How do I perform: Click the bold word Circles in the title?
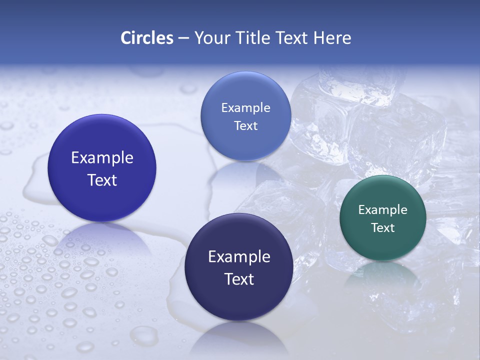(x=147, y=38)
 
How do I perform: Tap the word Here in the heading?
(x=332, y=38)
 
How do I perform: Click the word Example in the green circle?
(x=383, y=210)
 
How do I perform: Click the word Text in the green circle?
(x=383, y=228)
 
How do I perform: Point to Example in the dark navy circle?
(x=239, y=257)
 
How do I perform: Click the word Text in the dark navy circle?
(x=239, y=279)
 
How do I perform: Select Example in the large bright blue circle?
(x=102, y=158)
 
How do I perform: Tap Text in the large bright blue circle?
(x=102, y=180)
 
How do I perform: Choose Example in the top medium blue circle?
(x=245, y=108)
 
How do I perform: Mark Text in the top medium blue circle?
(x=245, y=126)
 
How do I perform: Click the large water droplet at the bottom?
(x=144, y=336)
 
